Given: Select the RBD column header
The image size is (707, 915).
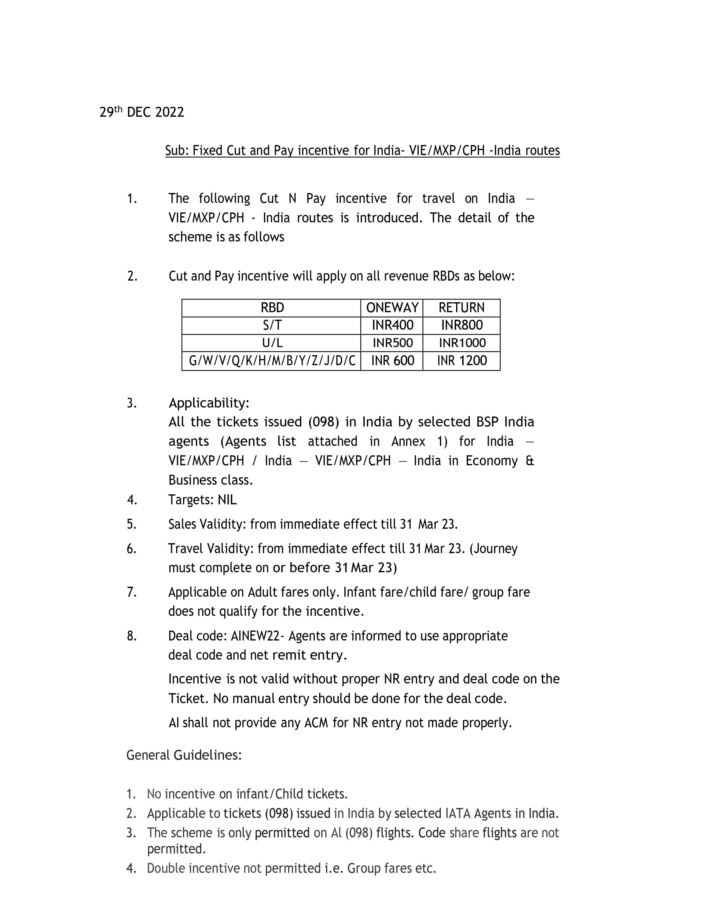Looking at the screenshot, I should (x=272, y=308).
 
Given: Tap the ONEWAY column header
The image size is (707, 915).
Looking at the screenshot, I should (x=392, y=308).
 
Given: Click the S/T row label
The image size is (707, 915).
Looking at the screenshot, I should (x=272, y=326).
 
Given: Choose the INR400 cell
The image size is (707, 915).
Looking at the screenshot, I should (x=392, y=326).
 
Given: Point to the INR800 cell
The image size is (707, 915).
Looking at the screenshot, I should (x=462, y=326).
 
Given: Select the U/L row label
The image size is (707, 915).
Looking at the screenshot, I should (x=272, y=343).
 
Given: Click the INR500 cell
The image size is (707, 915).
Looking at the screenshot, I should (x=392, y=343).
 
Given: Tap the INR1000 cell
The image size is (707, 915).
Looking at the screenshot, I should (x=462, y=343).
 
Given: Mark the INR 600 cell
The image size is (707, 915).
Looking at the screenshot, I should (x=392, y=361).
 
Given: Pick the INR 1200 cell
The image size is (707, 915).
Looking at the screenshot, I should (x=462, y=361).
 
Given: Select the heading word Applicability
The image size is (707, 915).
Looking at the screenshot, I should (x=208, y=403).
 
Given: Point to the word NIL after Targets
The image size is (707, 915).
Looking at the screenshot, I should (x=227, y=500).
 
